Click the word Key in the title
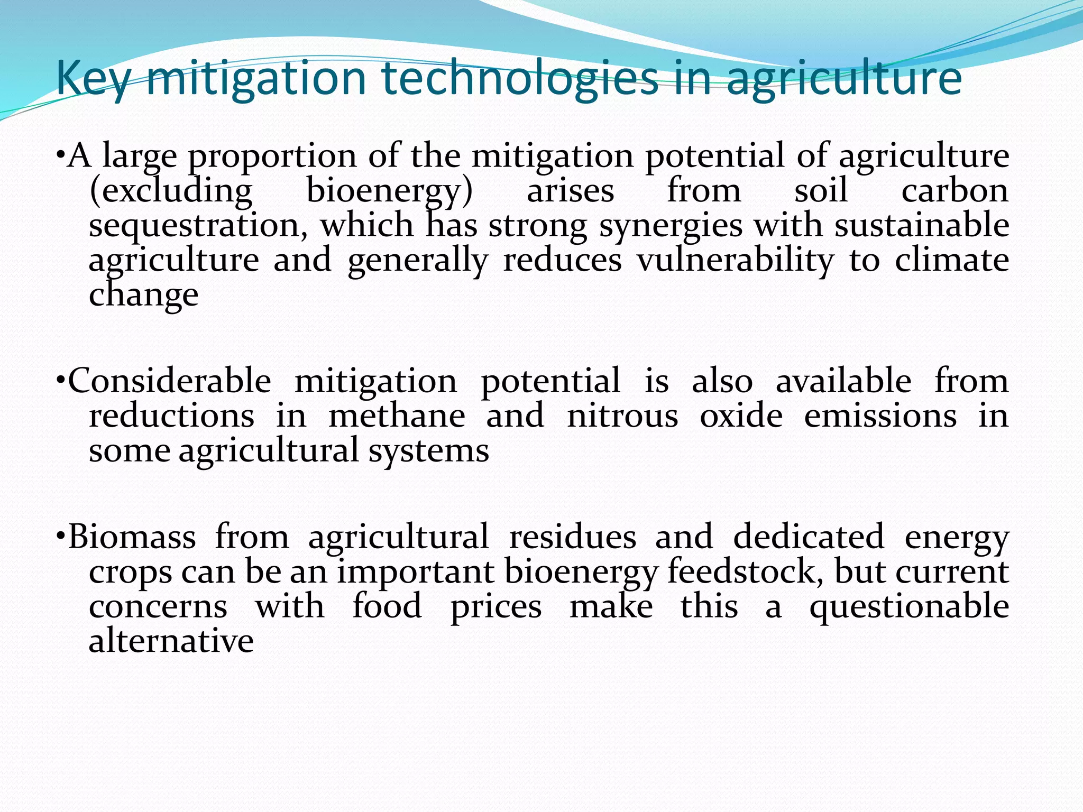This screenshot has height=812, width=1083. (93, 79)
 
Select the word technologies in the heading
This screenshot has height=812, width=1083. (519, 79)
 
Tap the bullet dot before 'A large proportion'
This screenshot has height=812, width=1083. (61, 156)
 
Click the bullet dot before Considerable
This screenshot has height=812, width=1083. (61, 381)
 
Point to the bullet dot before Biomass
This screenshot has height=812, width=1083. (61, 537)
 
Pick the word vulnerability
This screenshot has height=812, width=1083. (736, 261)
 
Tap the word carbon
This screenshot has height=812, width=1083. (954, 191)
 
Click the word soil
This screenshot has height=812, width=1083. (821, 191)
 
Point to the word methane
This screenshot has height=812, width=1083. (397, 416)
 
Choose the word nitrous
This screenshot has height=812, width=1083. (622, 416)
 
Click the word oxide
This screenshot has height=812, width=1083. (741, 416)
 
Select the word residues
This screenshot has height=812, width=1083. (572, 537)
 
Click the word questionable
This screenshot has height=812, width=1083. (909, 607)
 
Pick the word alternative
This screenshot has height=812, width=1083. (171, 641)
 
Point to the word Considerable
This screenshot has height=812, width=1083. (170, 381)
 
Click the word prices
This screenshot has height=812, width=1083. (495, 607)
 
